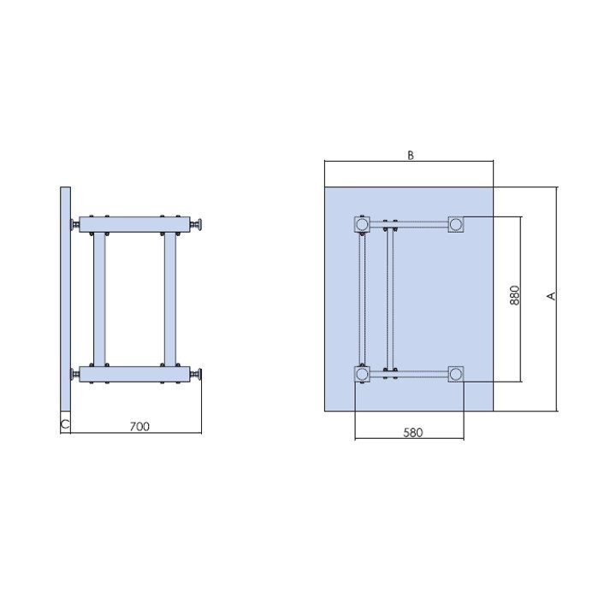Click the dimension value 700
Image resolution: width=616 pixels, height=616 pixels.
point(139,426)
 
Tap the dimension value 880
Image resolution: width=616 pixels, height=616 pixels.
point(515,295)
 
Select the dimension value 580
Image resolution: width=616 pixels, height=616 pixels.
point(413,433)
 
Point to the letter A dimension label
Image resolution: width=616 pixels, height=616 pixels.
point(552,295)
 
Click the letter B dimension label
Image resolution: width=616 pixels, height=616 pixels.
point(411,156)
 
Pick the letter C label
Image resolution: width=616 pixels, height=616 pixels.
point(65,424)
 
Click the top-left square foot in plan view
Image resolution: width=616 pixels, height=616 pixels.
point(362,225)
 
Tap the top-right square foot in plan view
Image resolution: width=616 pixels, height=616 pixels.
point(456,225)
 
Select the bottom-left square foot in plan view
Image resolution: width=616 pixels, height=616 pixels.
point(362,374)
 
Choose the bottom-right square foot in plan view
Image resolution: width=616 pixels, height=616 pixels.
point(456,374)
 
